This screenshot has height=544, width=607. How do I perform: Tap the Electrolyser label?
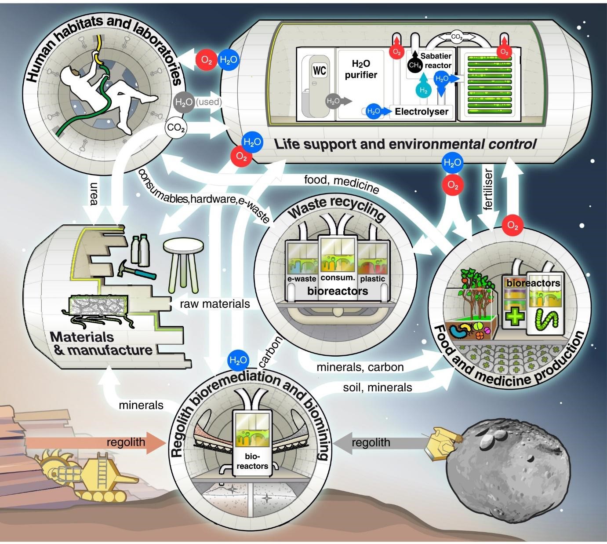click(x=421, y=112)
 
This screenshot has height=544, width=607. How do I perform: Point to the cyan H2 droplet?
click(x=423, y=89)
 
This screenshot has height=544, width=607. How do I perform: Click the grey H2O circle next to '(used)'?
click(x=184, y=102)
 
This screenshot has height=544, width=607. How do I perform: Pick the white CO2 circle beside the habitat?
click(x=176, y=128)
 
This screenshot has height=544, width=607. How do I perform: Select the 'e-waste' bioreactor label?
click(x=302, y=279)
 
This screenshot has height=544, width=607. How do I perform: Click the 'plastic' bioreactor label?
click(x=372, y=279)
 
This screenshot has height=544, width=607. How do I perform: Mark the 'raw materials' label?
click(x=215, y=304)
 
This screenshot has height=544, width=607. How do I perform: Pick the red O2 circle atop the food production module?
click(x=512, y=226)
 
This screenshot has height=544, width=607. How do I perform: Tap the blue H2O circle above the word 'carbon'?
click(x=238, y=360)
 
